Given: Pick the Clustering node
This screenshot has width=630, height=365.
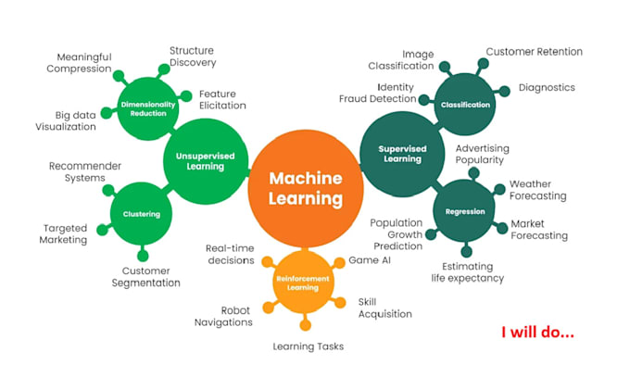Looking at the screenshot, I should click(x=141, y=214).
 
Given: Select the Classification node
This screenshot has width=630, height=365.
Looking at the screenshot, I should click(x=465, y=105).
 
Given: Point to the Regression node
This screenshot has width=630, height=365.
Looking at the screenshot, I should click(x=464, y=211).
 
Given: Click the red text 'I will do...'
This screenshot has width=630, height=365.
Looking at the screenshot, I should click(x=537, y=331).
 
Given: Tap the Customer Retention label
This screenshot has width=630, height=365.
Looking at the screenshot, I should click(x=534, y=52).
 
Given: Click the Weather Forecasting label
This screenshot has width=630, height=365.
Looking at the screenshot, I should click(x=537, y=190).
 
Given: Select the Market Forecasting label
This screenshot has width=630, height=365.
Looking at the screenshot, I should click(x=539, y=230).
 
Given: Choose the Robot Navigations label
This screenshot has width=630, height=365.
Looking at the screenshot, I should click(x=222, y=316).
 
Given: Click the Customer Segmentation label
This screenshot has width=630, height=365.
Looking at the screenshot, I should click(x=139, y=277).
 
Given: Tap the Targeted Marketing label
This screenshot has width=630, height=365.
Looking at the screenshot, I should click(x=65, y=233).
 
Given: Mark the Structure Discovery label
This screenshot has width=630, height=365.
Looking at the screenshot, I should click(x=193, y=57).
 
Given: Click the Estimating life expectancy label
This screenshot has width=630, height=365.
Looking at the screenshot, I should click(x=467, y=271).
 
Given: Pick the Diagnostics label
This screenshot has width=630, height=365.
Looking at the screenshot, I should click(x=547, y=88).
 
